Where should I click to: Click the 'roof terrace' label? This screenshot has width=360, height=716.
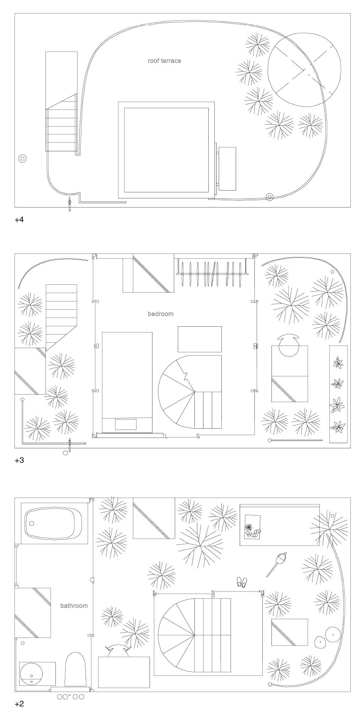pos(164,61)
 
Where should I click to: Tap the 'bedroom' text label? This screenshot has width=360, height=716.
pos(161,314)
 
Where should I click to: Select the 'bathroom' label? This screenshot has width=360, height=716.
pos(74,606)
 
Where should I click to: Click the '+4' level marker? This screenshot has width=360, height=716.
pos(19,220)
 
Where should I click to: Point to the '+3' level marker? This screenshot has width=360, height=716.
pos(19,460)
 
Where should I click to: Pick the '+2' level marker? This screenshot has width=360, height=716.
pos(19,704)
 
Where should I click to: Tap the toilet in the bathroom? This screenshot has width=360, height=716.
pos(75,669)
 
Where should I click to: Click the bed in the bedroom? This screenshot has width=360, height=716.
pos(127,382)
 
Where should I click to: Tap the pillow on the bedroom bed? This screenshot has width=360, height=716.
pos(125,424)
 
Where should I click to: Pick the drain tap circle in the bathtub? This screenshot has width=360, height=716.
pos(32,523)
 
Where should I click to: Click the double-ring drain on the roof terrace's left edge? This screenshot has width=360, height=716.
pos(22,159)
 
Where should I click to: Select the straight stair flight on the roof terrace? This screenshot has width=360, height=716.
pos(61,130)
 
